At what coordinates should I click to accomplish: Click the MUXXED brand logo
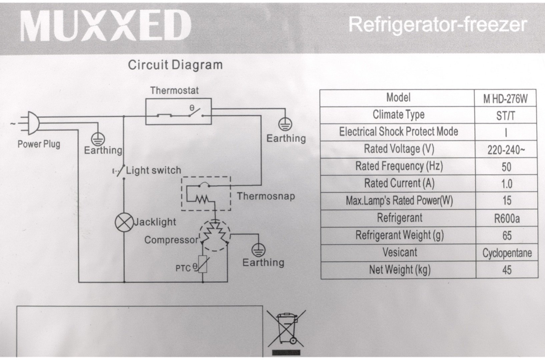[105, 26]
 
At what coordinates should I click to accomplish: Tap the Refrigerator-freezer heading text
[438, 25]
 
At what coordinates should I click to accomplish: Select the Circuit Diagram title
[175, 65]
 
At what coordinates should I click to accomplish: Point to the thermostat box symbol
[178, 111]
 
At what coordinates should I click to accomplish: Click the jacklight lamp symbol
[124, 222]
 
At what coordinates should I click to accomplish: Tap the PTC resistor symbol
[202, 264]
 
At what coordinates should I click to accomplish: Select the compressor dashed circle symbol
[214, 235]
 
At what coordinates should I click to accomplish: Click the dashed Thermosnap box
[206, 193]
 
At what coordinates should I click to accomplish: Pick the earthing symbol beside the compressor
[258, 250]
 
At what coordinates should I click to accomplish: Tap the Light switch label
[153, 170]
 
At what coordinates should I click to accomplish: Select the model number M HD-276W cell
[505, 99]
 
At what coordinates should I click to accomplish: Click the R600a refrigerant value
[507, 219]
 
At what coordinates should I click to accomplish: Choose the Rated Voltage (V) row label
[399, 149]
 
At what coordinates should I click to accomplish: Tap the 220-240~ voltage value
[506, 150]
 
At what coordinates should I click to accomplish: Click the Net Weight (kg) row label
[400, 270]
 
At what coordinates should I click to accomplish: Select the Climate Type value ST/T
[506, 116]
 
